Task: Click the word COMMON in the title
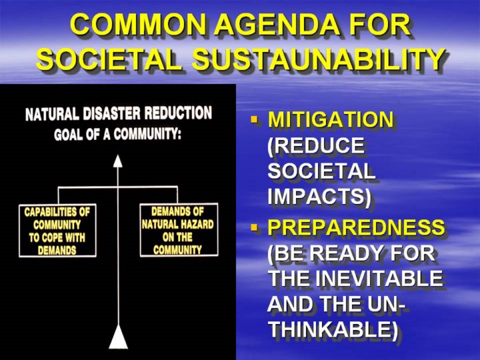(137, 25)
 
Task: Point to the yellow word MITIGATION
(330, 119)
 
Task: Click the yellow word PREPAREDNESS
(356, 227)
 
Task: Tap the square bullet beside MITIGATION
(254, 119)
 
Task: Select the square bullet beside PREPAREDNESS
(254, 227)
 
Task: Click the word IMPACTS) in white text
(319, 196)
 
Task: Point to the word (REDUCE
(315, 145)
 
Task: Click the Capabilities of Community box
(57, 231)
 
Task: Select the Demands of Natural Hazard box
(179, 229)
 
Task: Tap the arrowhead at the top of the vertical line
(118, 161)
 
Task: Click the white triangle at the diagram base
(118, 337)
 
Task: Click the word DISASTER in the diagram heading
(112, 114)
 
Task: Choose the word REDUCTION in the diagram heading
(178, 113)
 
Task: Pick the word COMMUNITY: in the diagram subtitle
(147, 134)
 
